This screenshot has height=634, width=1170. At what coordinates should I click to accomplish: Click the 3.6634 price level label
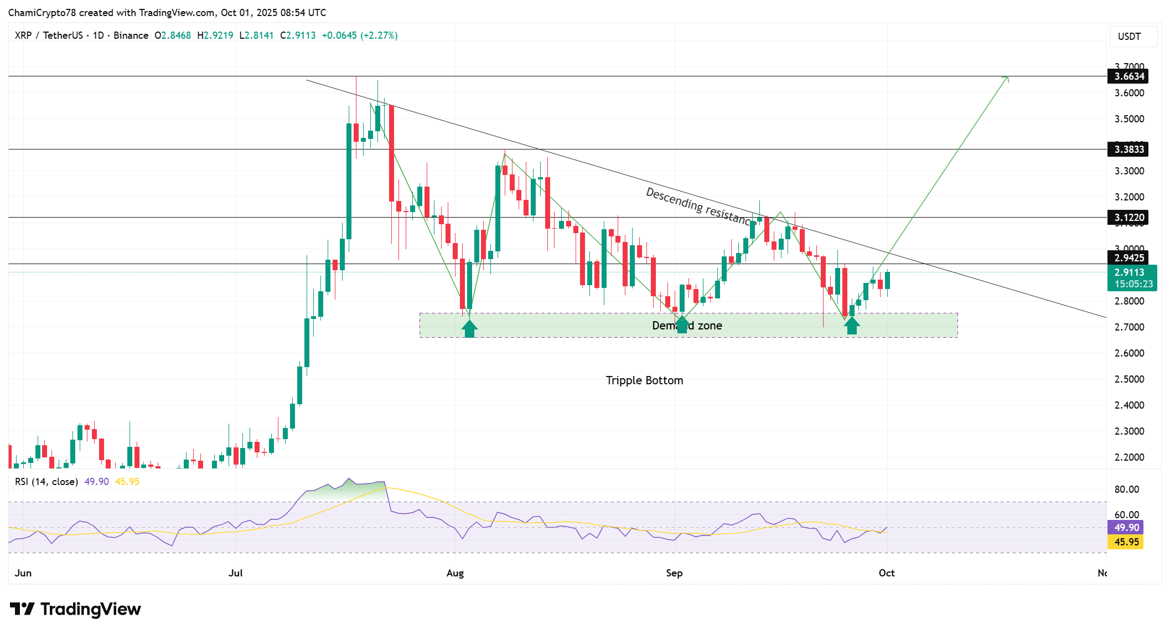[1128, 76]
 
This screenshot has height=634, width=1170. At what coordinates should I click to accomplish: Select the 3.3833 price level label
[1128, 150]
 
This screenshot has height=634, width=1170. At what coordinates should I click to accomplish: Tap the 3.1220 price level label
[1128, 218]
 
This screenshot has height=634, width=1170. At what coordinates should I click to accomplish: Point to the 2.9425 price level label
[1128, 258]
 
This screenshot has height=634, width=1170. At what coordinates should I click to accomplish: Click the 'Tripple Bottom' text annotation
[644, 380]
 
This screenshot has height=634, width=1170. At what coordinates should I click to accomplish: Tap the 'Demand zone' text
[687, 326]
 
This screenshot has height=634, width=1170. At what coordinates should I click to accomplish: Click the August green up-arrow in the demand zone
[469, 328]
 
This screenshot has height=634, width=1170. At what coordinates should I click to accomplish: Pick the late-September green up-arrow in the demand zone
[852, 326]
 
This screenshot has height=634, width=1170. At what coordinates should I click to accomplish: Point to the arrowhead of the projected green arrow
[1007, 78]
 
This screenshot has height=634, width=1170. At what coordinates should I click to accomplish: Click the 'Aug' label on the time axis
[455, 573]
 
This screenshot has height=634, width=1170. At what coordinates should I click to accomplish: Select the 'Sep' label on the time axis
[674, 573]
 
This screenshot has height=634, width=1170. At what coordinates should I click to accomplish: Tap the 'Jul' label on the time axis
[236, 573]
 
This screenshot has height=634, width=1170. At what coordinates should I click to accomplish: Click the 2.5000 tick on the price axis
[1129, 379]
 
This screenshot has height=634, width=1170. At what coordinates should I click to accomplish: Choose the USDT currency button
[1129, 37]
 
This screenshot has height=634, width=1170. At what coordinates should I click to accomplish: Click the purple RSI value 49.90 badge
[1126, 528]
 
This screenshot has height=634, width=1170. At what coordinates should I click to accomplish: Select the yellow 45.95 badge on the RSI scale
[1126, 542]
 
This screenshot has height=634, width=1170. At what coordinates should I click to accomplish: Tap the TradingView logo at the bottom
[76, 609]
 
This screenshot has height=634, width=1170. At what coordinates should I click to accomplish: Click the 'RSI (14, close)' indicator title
[46, 482]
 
